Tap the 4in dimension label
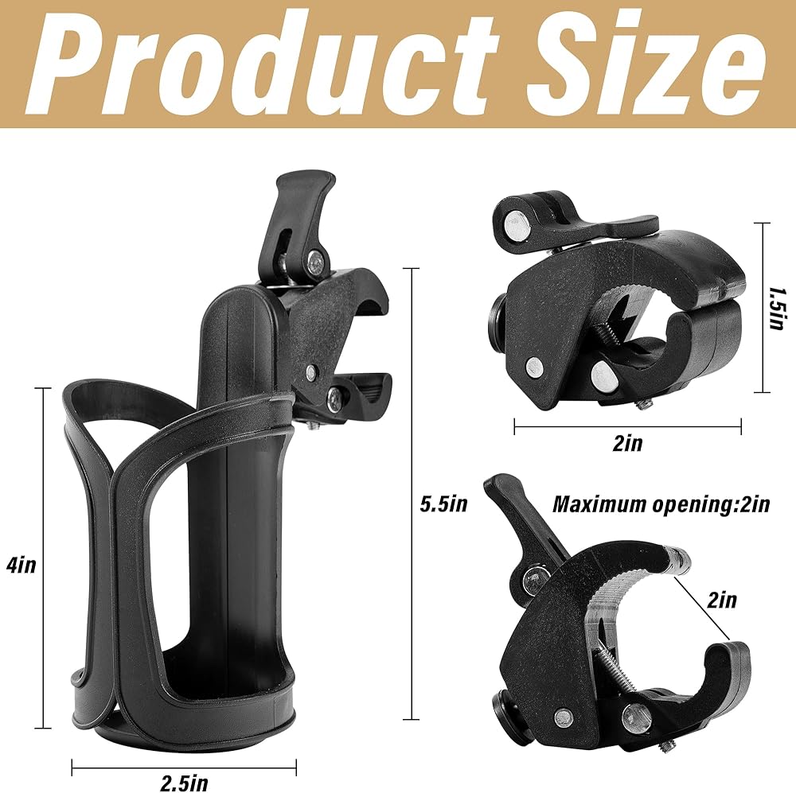(x=21, y=564)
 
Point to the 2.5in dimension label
(x=185, y=783)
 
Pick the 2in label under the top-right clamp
(x=627, y=443)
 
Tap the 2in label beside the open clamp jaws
(x=722, y=600)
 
